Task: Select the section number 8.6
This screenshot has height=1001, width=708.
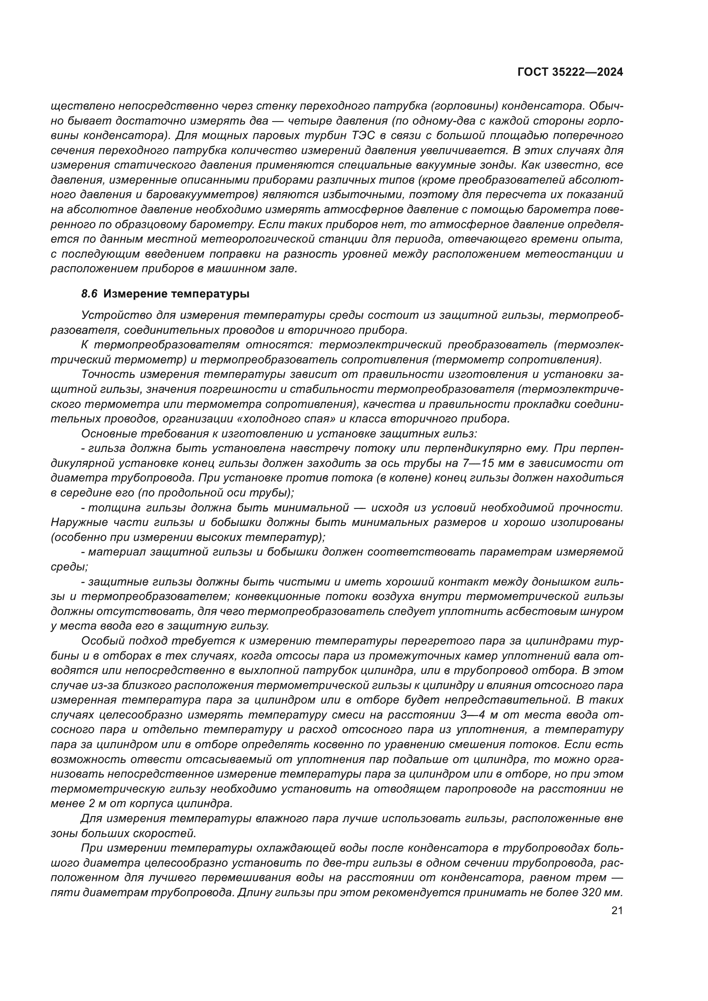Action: pyautogui.click(x=89, y=294)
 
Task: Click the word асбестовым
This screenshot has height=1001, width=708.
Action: pyautogui.click(x=540, y=611)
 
